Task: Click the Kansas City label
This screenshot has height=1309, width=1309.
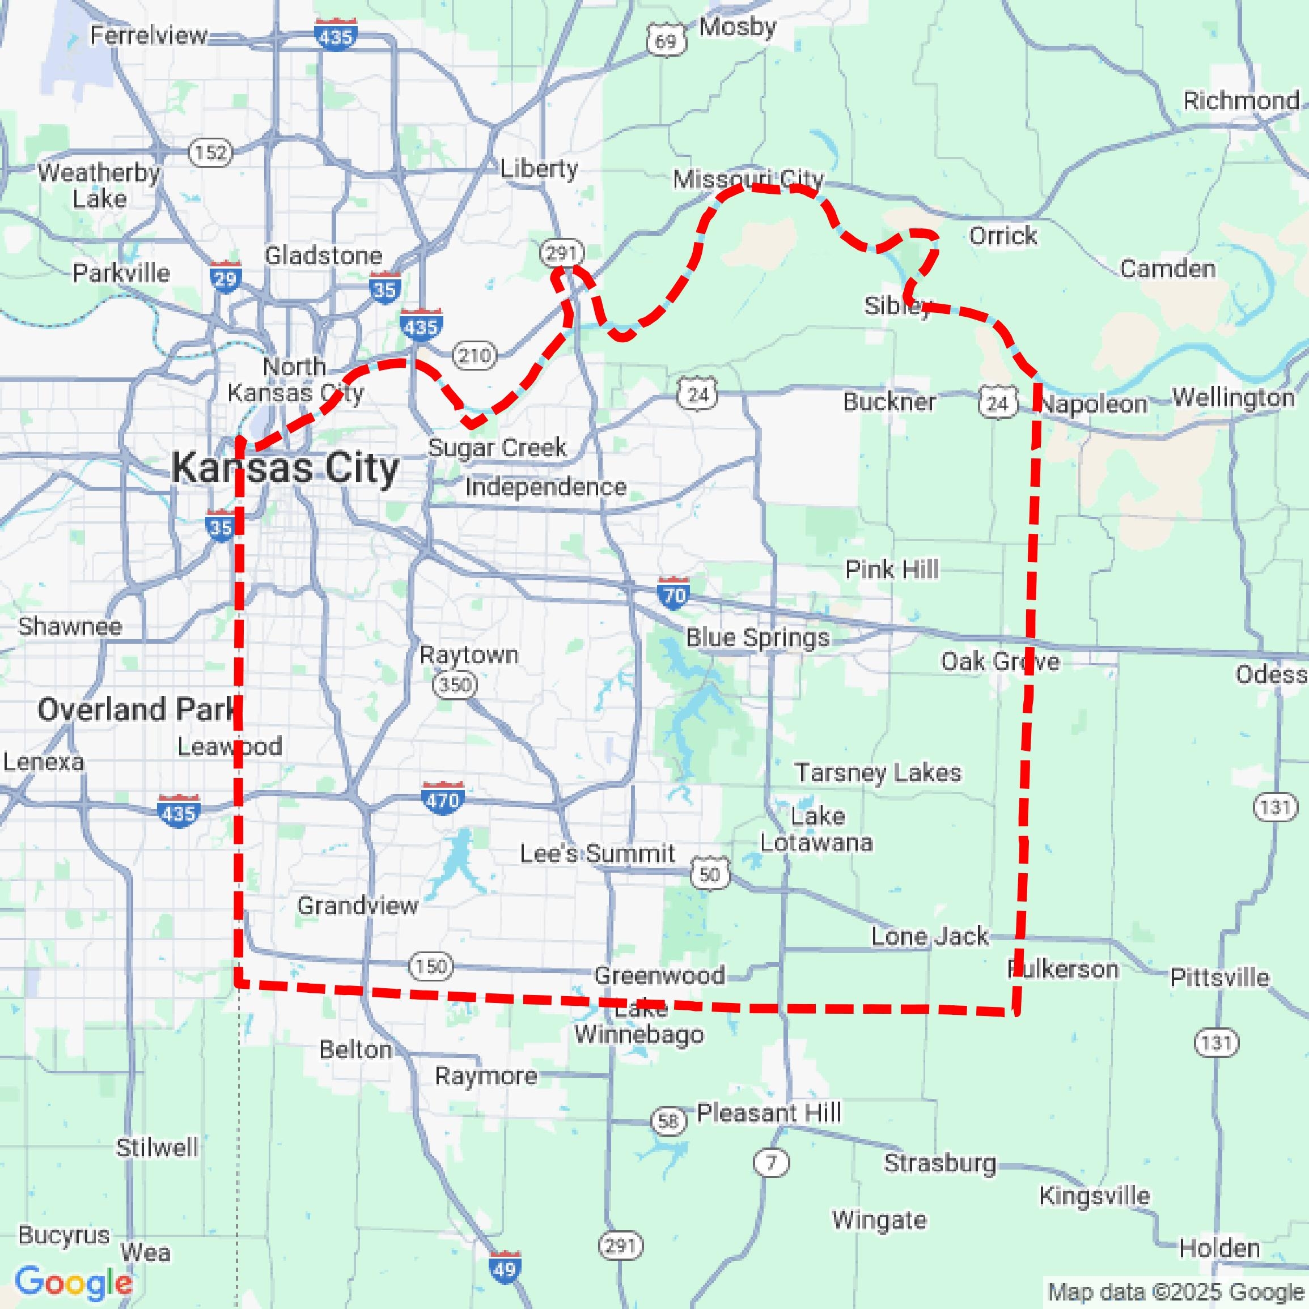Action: tap(285, 468)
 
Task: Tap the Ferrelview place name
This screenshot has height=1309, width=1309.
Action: tap(149, 35)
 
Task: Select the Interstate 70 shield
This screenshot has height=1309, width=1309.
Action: tap(673, 593)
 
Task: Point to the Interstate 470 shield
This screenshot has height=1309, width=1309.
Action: tap(442, 798)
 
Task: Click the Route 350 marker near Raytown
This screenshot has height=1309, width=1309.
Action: tap(455, 685)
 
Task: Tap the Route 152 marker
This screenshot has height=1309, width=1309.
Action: tap(210, 152)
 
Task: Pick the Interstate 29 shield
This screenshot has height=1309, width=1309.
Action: tap(225, 277)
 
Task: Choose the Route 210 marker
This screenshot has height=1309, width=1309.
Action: tap(475, 355)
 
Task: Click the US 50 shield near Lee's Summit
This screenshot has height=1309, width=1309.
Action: tap(710, 873)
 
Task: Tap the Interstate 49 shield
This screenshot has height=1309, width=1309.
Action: tap(505, 1268)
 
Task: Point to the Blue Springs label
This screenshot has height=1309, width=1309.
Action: tap(757, 637)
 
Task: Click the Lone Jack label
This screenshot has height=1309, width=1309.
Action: tap(929, 936)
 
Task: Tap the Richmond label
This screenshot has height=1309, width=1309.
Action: tap(1240, 101)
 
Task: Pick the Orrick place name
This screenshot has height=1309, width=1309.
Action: tap(1003, 236)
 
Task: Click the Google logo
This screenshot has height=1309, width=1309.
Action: tap(73, 1282)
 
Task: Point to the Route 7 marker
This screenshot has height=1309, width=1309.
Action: tap(771, 1163)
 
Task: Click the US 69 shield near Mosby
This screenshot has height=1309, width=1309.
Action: tap(666, 41)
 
